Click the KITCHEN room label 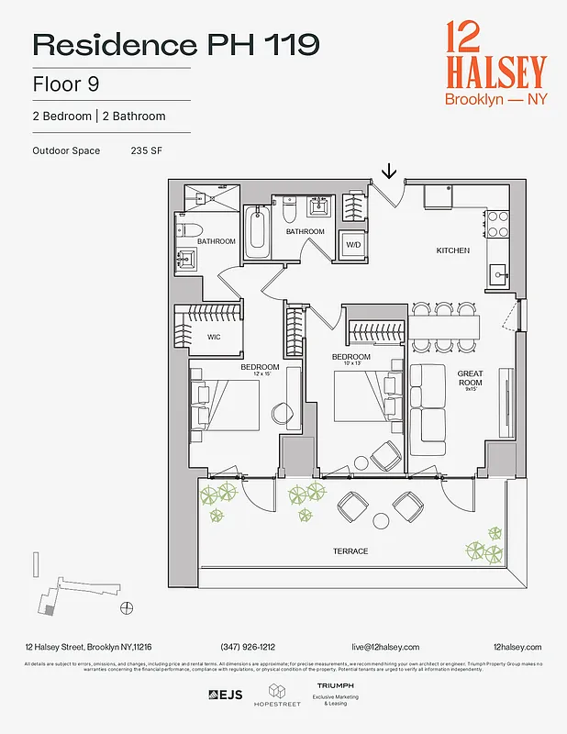[x=452, y=250]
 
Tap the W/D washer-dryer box [x=353, y=245]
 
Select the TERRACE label [x=350, y=551]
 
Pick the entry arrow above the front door [x=389, y=171]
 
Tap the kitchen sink [x=500, y=272]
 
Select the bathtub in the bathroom [x=256, y=233]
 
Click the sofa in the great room [x=427, y=409]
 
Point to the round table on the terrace [x=381, y=520]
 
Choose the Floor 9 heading [x=66, y=83]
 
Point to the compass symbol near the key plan [x=126, y=607]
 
